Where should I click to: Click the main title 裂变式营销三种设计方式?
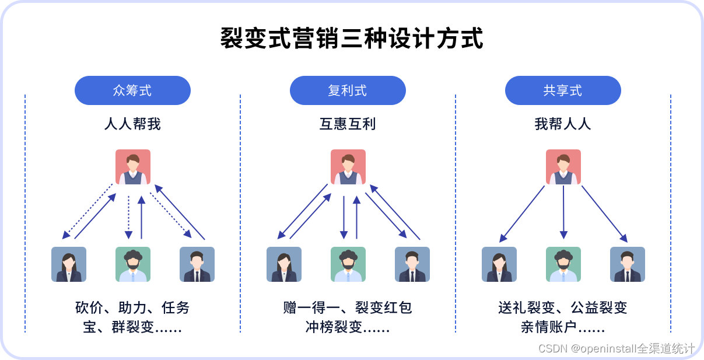click(352, 39)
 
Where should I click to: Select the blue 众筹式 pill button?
click(132, 90)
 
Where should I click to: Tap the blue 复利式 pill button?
click(348, 90)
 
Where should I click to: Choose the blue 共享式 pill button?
click(563, 90)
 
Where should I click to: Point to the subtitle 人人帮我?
click(132, 124)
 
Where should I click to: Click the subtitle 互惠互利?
click(348, 124)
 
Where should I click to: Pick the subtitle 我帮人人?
click(563, 124)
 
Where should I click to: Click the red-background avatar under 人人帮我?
click(133, 167)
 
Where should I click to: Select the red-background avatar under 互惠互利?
click(348, 167)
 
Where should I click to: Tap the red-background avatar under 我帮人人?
click(563, 167)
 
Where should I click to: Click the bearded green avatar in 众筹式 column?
click(133, 264)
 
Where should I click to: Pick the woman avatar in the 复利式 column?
click(284, 264)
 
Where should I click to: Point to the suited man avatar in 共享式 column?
click(628, 264)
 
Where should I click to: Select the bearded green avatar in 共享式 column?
click(563, 264)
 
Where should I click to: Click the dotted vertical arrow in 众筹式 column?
click(128, 217)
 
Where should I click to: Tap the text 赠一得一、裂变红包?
click(348, 307)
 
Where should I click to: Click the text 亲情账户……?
click(563, 327)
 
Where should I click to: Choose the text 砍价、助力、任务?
click(132, 307)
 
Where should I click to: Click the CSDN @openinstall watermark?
click(617, 348)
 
